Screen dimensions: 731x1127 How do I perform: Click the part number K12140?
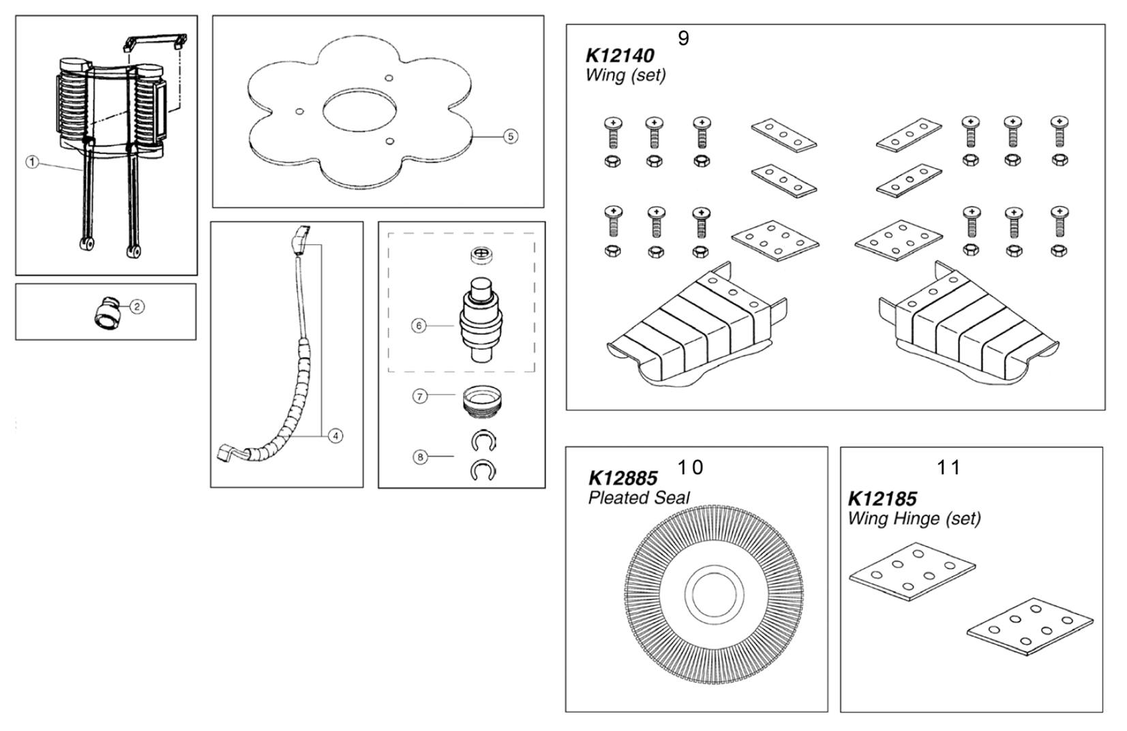click(619, 55)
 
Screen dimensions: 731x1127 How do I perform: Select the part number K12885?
click(622, 477)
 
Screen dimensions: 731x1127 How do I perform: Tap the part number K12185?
click(882, 498)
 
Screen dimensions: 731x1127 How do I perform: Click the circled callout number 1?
click(33, 162)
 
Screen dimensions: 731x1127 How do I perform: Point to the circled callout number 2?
click(136, 307)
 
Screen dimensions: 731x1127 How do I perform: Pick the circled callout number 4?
click(335, 436)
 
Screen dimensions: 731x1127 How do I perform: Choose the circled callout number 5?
click(510, 136)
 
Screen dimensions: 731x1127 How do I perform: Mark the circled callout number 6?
click(420, 326)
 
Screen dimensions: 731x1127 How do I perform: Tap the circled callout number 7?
click(420, 396)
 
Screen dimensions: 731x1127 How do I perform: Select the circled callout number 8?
click(420, 457)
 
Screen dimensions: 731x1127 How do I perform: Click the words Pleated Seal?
click(639, 498)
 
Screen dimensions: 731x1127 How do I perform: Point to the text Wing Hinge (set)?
click(914, 518)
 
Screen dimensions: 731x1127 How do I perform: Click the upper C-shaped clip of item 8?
click(483, 441)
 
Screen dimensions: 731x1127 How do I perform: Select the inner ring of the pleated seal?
click(713, 593)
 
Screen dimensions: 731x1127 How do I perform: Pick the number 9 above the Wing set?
click(683, 39)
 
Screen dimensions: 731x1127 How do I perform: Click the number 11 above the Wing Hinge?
click(948, 468)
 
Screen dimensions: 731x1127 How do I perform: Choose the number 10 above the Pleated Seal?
click(690, 468)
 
